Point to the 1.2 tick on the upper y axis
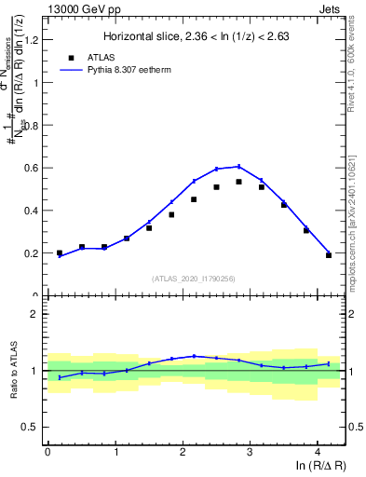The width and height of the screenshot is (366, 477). click(x=34, y=40)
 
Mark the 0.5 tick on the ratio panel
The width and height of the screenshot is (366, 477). click(x=34, y=427)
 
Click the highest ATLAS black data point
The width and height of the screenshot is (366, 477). click(x=239, y=182)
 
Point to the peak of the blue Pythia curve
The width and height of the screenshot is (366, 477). click(x=238, y=166)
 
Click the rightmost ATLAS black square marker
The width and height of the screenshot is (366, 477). click(x=329, y=254)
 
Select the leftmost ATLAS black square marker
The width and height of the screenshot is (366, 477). click(x=60, y=252)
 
